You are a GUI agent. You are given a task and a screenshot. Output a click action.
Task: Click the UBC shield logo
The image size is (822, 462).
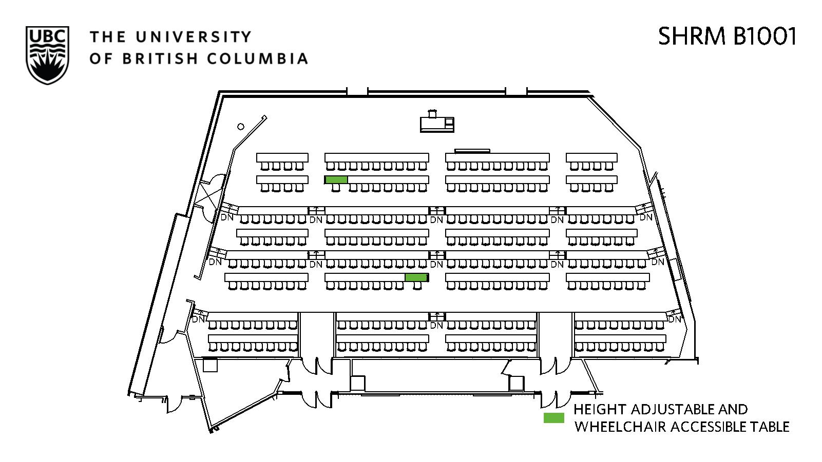click(x=47, y=55)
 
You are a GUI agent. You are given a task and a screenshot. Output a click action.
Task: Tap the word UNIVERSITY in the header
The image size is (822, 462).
click(x=194, y=37)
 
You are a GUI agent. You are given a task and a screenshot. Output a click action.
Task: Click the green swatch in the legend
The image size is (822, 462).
click(x=553, y=418)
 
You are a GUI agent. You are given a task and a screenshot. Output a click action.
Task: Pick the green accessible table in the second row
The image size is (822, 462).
click(x=336, y=179)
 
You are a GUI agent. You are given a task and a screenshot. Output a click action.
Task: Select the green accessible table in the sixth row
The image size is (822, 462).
click(x=416, y=277)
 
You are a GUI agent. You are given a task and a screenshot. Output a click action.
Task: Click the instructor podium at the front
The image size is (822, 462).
click(x=437, y=124)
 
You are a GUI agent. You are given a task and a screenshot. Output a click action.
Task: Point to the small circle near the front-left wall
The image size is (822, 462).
click(x=241, y=127)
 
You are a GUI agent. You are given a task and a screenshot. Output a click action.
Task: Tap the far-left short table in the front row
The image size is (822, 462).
click(x=282, y=157)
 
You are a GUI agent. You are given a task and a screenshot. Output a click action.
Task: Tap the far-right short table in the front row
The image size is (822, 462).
click(x=591, y=157)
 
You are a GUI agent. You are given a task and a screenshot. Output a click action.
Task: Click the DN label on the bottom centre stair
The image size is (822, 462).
click(x=436, y=326)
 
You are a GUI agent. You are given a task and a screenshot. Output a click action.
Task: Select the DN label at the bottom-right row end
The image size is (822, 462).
click(x=674, y=319)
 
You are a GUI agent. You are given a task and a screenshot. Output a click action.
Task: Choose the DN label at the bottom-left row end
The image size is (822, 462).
click(x=198, y=319)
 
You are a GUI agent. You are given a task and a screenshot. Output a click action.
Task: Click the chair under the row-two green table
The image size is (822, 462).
click(x=336, y=188)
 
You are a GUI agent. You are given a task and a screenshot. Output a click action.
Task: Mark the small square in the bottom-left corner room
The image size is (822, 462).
click(x=211, y=365)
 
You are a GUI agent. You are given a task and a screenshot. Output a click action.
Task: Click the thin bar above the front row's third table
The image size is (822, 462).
click(x=472, y=151)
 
